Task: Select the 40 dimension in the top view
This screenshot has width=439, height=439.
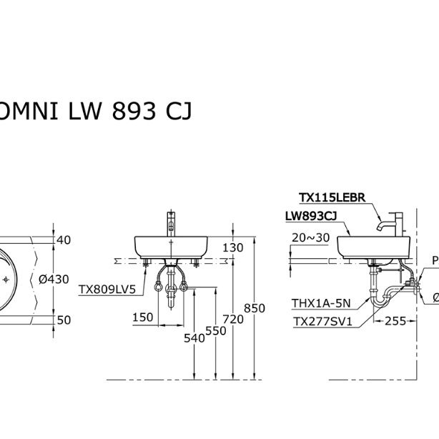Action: tap(64, 240)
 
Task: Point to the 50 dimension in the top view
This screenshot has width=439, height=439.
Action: tap(64, 320)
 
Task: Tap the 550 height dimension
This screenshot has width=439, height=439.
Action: tap(214, 330)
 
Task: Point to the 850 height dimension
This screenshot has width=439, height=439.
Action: tap(255, 308)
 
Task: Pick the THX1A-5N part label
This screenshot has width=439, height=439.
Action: tap(321, 302)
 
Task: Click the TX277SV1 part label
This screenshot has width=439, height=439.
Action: tap(322, 322)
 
